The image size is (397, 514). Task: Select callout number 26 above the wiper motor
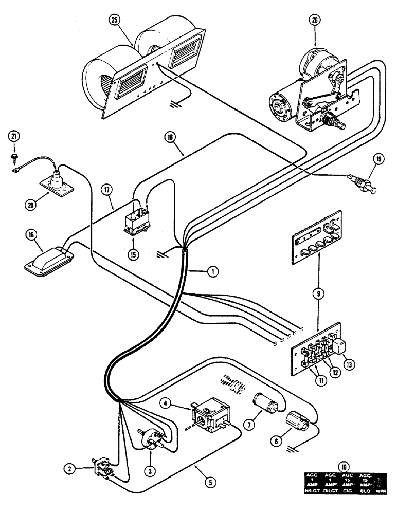tap(315, 22)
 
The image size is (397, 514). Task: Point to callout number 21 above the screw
tap(15, 136)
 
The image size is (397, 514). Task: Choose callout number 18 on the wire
tap(170, 137)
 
